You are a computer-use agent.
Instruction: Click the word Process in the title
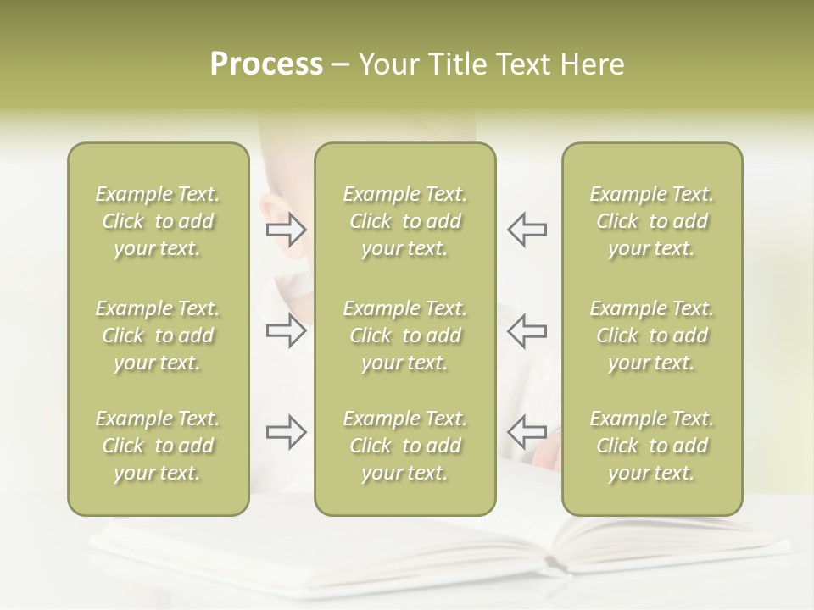(266, 64)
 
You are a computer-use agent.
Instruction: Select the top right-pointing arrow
(287, 229)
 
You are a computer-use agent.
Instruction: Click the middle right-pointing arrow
(287, 330)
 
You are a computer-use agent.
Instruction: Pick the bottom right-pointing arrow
(287, 432)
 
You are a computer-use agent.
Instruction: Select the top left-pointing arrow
(527, 229)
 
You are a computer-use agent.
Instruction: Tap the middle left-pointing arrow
(527, 330)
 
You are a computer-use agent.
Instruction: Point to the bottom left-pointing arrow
(527, 432)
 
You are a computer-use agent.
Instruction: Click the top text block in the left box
(158, 221)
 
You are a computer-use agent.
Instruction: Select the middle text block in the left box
(158, 335)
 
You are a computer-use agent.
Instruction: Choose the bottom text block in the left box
(158, 446)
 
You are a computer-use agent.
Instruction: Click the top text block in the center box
(404, 221)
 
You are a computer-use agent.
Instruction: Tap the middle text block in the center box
(404, 335)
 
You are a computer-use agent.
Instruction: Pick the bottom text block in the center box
(404, 446)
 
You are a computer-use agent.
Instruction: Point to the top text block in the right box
(651, 221)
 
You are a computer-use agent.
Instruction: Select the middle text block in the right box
(651, 335)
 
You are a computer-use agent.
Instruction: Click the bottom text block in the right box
(651, 446)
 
